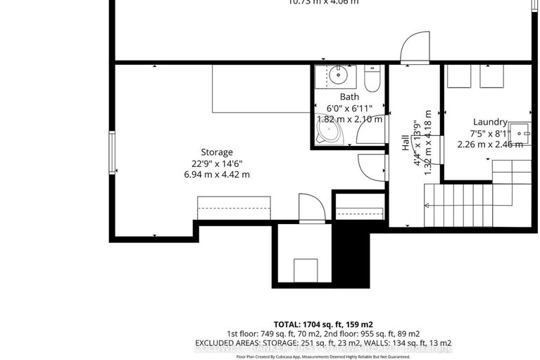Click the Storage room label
point(216,152)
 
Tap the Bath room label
point(349,97)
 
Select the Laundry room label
point(490,121)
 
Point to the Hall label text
point(406,143)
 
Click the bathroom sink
point(341,73)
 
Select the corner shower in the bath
point(327,134)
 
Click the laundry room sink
point(522,132)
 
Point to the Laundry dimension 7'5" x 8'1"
point(490,132)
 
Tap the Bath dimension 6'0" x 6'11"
point(349,108)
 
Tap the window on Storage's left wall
point(111,152)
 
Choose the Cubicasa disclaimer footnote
point(325,355)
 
